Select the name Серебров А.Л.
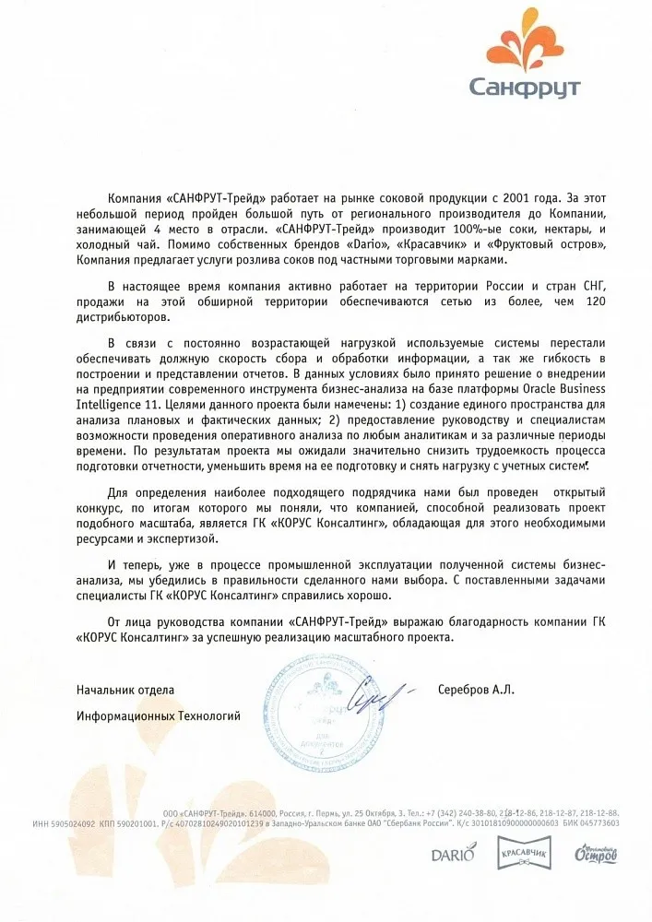pyautogui.click(x=477, y=690)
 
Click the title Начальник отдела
pyautogui.click(x=124, y=690)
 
